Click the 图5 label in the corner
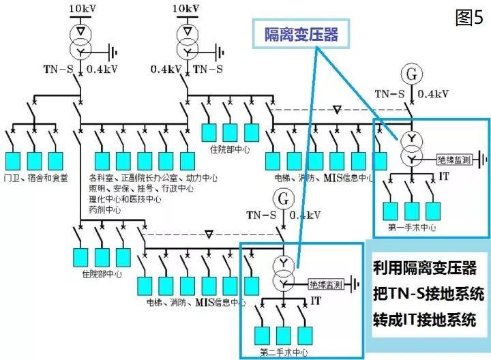click(x=469, y=18)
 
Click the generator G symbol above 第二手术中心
click(x=282, y=198)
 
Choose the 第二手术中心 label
click(x=284, y=352)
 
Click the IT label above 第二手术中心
click(x=316, y=300)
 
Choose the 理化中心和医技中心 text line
click(x=125, y=200)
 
